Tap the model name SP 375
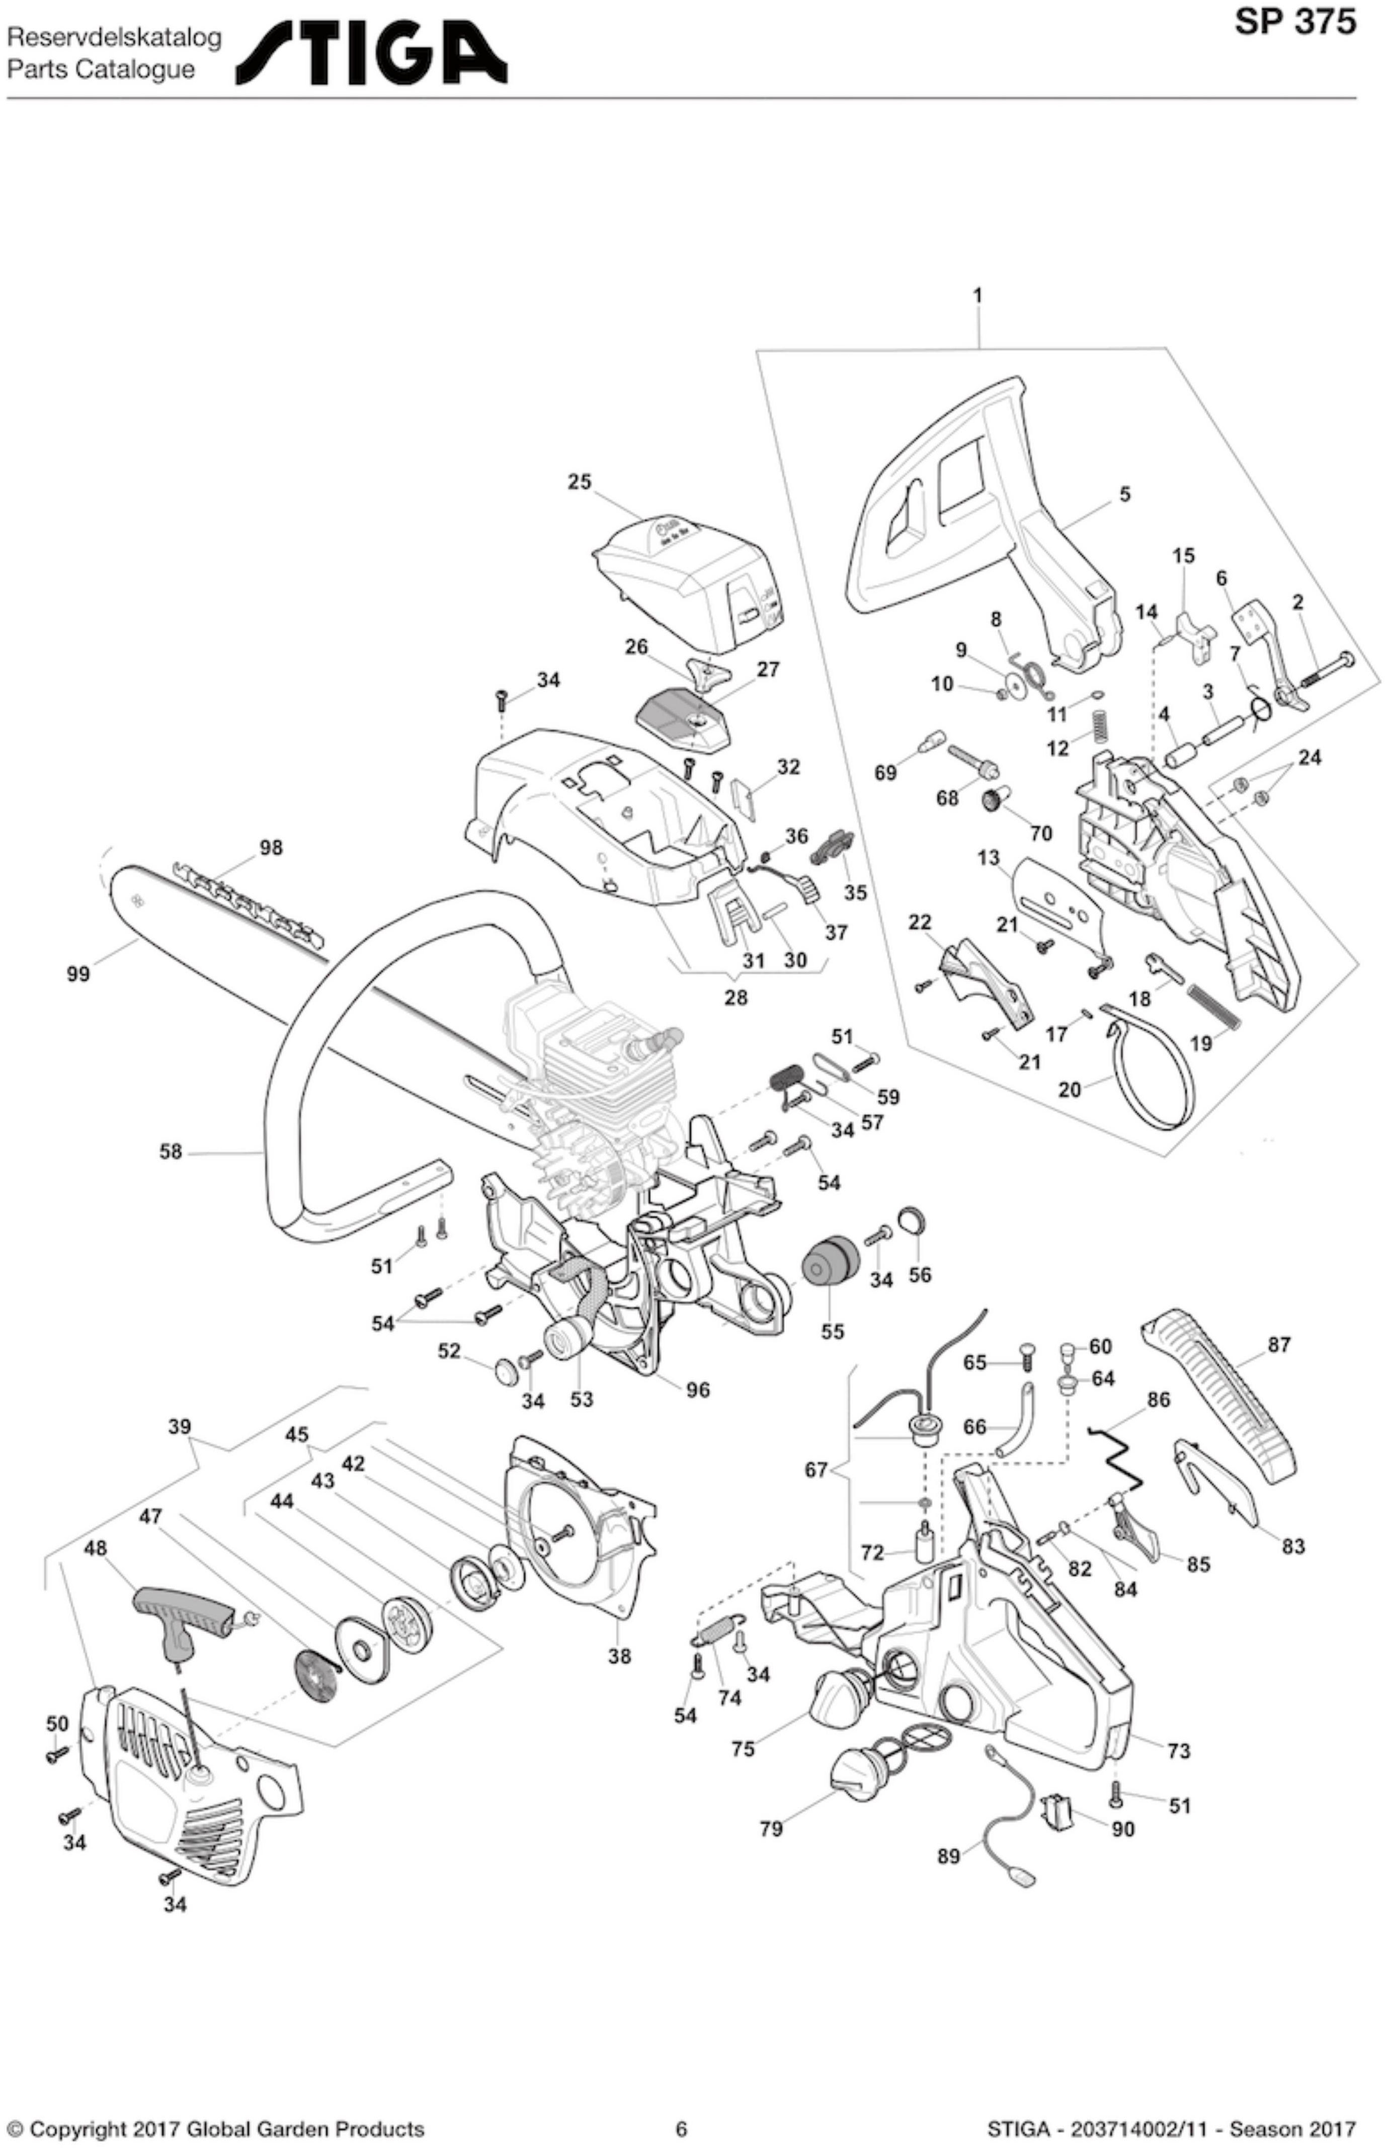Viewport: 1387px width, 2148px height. [1294, 22]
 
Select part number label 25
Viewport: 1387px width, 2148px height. [579, 482]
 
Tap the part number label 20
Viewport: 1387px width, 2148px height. [1069, 1090]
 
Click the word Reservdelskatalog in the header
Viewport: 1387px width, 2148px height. [114, 39]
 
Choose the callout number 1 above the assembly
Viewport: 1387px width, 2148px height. [978, 294]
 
